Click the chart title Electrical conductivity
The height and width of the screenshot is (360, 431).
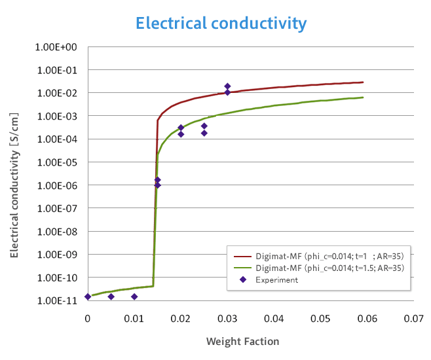(221, 24)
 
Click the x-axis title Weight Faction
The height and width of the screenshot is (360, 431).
(242, 341)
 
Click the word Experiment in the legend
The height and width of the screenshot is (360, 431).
(276, 279)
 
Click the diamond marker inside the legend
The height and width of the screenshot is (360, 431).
(242, 279)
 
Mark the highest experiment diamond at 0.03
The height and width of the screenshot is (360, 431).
(227, 86)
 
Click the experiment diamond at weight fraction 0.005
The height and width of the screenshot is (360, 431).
(111, 297)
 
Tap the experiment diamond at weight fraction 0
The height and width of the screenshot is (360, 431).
(88, 297)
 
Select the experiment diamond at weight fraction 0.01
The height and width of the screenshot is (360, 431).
(134, 297)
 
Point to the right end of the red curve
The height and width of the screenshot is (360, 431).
(363, 82)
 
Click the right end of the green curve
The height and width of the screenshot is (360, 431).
(363, 98)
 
